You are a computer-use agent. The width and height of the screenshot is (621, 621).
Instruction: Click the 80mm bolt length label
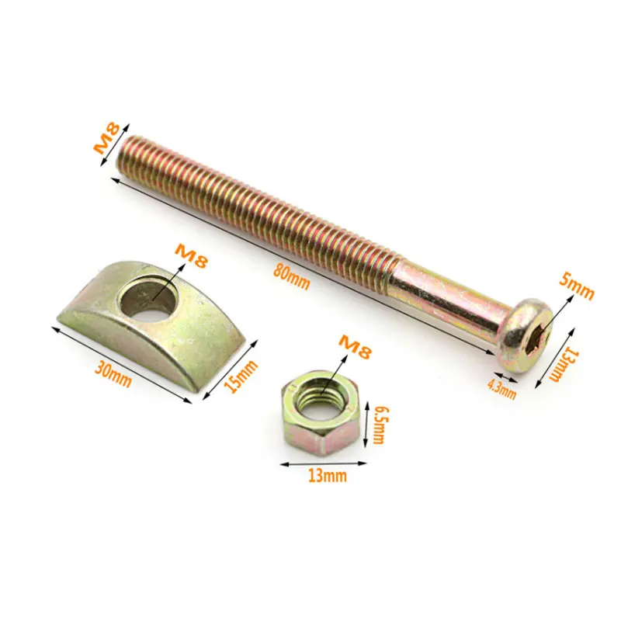click(292, 277)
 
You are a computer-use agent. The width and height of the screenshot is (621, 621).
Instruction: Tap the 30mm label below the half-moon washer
click(113, 376)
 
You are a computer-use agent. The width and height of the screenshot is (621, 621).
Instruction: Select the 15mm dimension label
click(241, 376)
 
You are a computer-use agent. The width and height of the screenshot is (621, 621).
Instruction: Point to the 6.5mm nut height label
click(379, 424)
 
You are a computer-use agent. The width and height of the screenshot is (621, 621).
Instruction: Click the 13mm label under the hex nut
click(328, 475)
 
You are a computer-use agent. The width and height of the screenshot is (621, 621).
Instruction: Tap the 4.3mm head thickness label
click(501, 390)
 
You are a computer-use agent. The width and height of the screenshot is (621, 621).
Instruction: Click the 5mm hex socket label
click(577, 286)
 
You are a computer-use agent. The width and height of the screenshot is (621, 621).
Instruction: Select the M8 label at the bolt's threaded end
click(106, 138)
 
